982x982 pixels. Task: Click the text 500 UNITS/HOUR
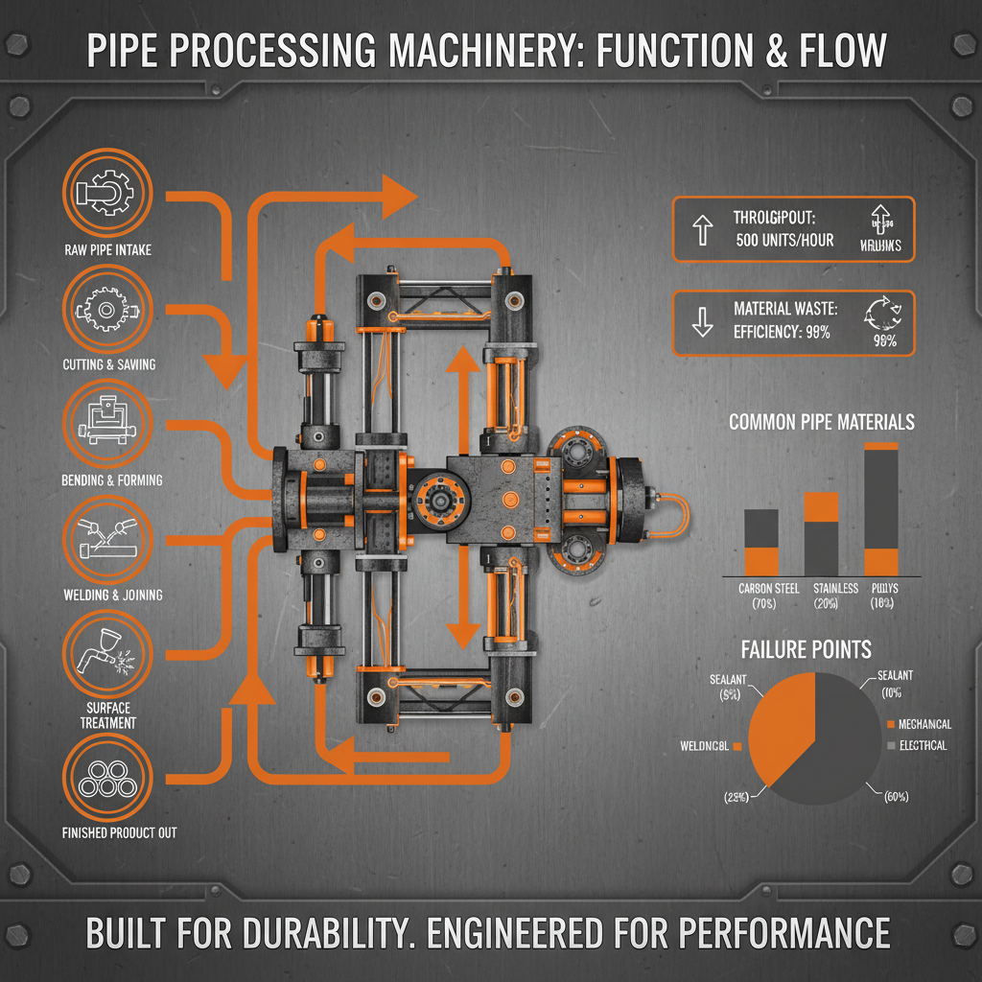pos(784,240)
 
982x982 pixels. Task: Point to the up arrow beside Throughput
pos(702,229)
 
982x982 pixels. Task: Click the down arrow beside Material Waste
pos(702,323)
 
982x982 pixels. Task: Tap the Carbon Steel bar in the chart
pos(761,542)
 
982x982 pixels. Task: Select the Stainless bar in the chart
pos(821,533)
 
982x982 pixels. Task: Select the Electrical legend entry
pos(923,745)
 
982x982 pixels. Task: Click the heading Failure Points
pos(807,649)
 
